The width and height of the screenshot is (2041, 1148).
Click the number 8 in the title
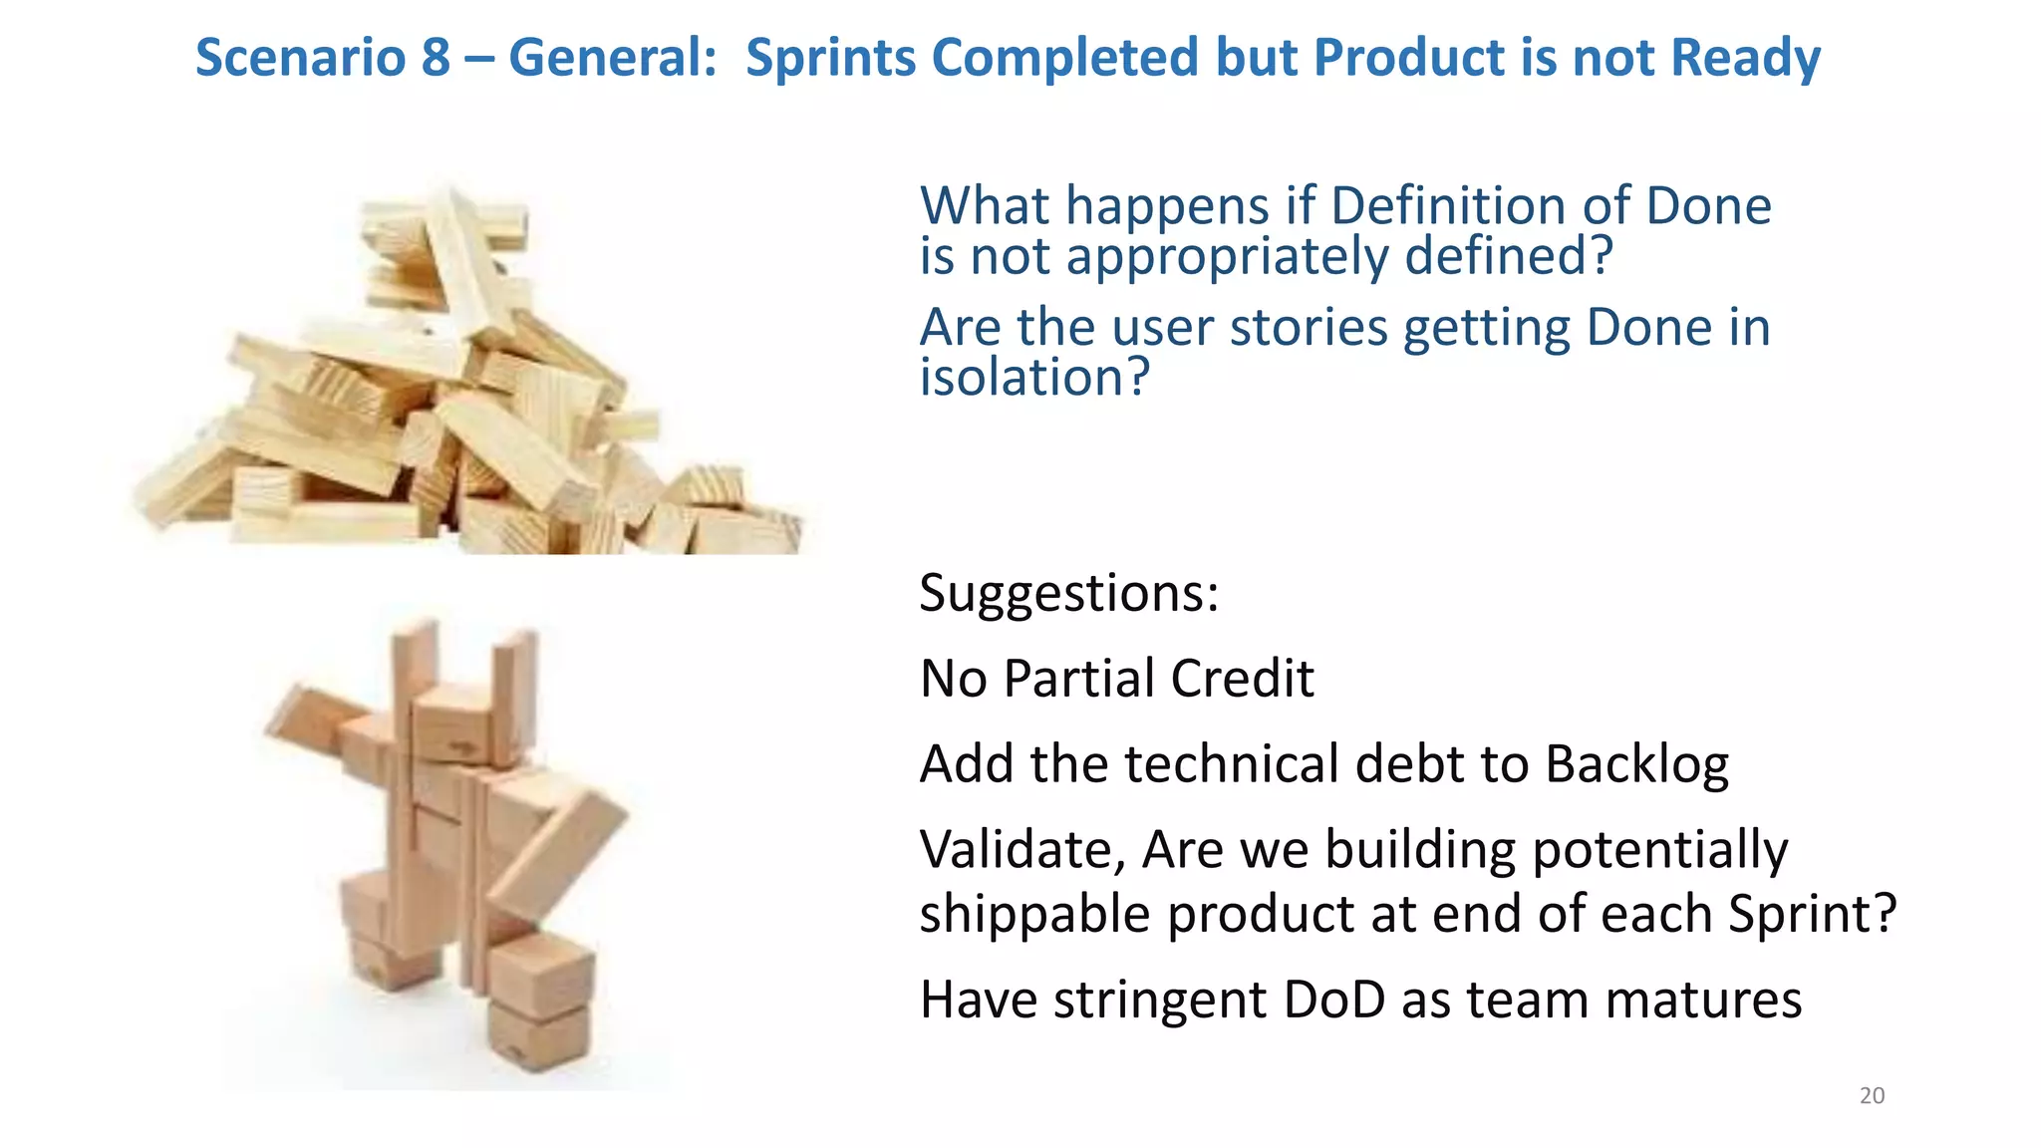point(436,57)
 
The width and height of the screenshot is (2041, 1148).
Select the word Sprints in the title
point(830,57)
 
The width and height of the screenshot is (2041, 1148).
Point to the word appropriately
point(1228,257)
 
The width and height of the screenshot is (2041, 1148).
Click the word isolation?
point(1034,378)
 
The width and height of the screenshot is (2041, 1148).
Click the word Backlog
point(1636,765)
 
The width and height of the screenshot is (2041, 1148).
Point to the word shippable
point(1034,914)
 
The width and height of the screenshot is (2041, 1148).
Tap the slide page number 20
point(1872,1096)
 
